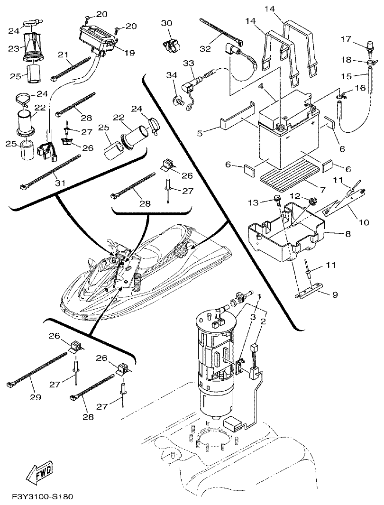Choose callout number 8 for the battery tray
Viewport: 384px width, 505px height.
coord(335,234)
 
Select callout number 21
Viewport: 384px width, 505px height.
coord(63,55)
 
